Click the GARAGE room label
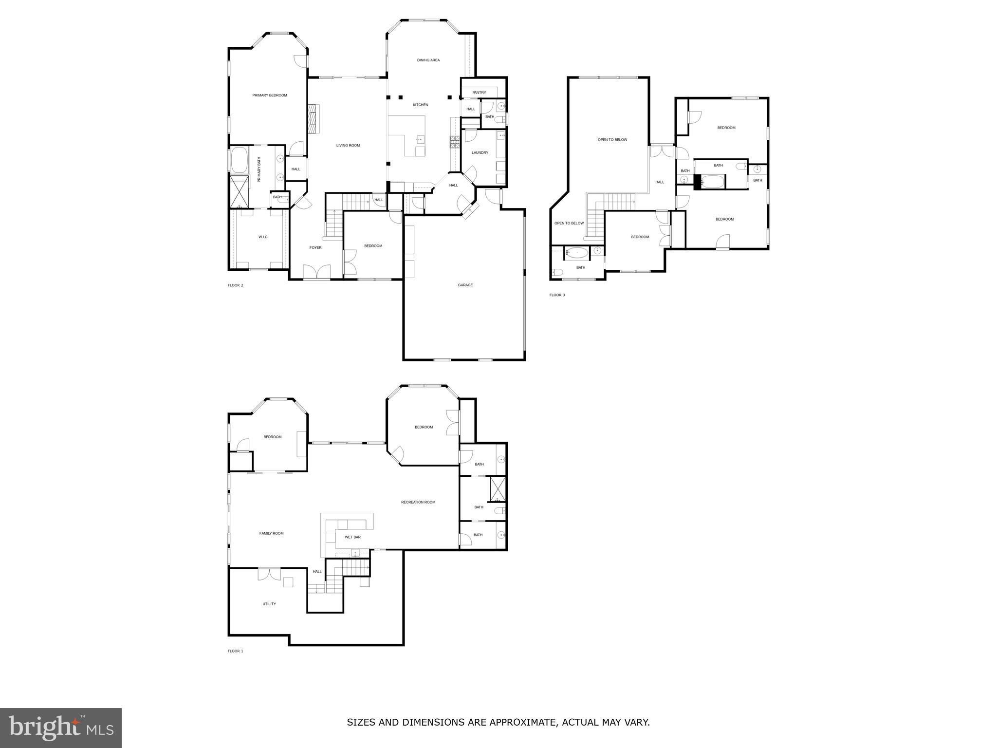click(x=465, y=285)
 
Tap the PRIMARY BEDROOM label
click(x=269, y=95)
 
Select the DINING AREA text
click(x=428, y=60)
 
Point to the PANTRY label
click(x=479, y=93)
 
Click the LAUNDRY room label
click(x=480, y=153)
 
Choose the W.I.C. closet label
click(x=263, y=237)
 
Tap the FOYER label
click(x=315, y=248)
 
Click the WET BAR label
click(x=352, y=537)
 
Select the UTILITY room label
click(x=269, y=604)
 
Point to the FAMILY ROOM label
click(x=271, y=533)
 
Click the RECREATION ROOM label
click(x=418, y=502)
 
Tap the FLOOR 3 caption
click(x=557, y=295)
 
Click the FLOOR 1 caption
click(x=235, y=651)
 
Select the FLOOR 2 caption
click(x=235, y=285)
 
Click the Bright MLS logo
click(x=61, y=728)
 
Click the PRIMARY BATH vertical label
click(x=259, y=169)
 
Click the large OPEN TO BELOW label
click(x=612, y=140)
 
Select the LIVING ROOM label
click(x=348, y=146)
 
